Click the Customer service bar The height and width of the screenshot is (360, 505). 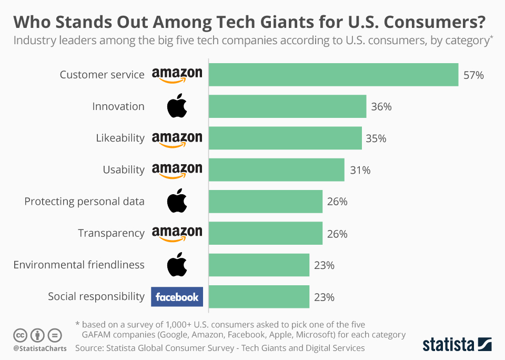334,75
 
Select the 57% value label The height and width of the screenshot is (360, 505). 473,75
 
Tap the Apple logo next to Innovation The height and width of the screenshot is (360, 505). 177,106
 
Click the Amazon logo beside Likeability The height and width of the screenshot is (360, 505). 177,139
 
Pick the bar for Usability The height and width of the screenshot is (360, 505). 277,170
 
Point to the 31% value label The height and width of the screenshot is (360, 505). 360,170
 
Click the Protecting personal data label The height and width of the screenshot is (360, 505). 84,202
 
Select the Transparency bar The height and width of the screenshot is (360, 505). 266,233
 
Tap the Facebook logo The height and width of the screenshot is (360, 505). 177,297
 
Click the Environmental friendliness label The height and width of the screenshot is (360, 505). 79,265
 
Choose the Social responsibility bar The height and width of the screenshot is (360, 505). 259,297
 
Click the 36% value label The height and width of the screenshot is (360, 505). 381,107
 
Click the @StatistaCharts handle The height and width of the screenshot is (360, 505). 40,348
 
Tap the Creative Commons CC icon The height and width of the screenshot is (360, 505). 20,335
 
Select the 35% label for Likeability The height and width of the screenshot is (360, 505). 376,138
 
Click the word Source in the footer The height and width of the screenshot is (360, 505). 89,348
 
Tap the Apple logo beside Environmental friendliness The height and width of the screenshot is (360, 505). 177,265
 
